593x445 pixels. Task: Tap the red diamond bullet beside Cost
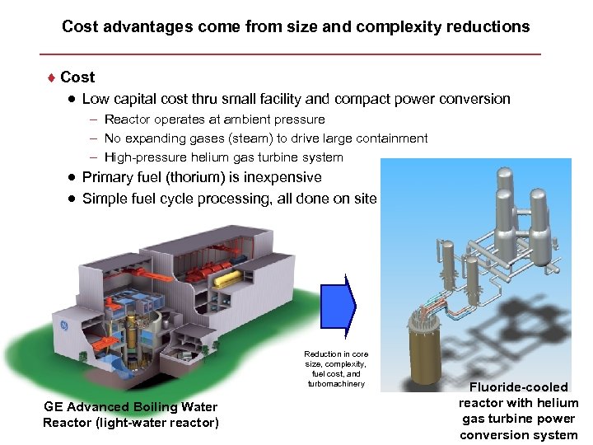click(x=51, y=77)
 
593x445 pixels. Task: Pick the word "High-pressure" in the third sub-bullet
click(x=142, y=157)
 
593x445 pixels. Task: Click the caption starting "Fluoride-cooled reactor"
click(x=518, y=410)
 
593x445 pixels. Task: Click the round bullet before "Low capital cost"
click(x=72, y=99)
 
